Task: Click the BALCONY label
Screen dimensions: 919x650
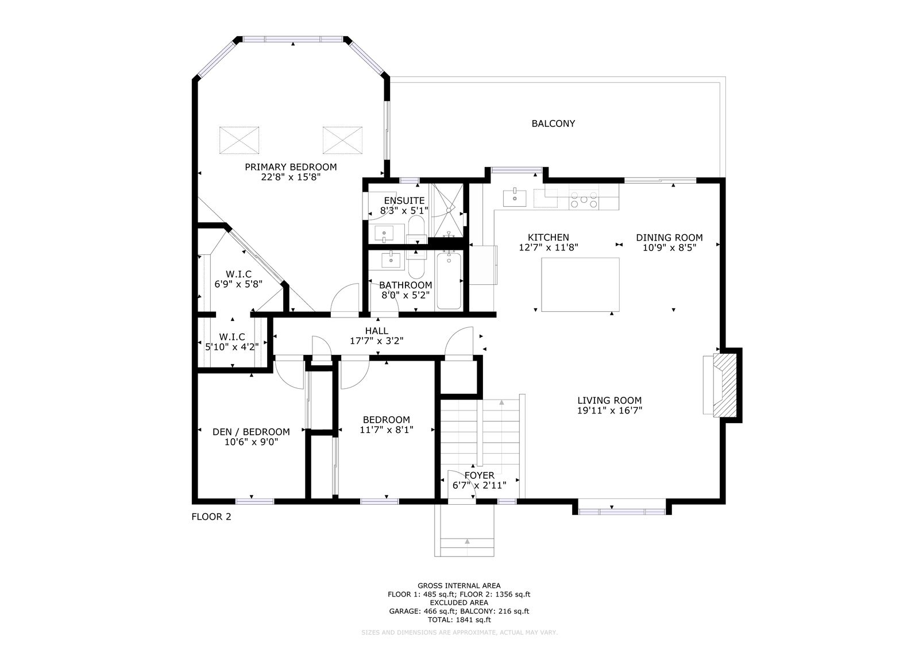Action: pyautogui.click(x=553, y=123)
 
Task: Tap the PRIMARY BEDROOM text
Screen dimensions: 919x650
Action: pyautogui.click(x=291, y=167)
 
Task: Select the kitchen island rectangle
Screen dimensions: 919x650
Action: pyautogui.click(x=580, y=285)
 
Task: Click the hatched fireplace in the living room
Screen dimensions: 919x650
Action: pyautogui.click(x=724, y=385)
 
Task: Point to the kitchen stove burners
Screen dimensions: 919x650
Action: pyautogui.click(x=584, y=200)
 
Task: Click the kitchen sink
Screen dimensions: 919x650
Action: pyautogui.click(x=515, y=198)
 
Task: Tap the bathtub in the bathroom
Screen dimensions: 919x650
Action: pyautogui.click(x=449, y=281)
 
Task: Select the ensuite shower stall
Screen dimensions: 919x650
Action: pyautogui.click(x=446, y=210)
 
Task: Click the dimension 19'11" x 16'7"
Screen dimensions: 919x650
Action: pyautogui.click(x=609, y=411)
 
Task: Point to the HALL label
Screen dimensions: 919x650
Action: pyautogui.click(x=377, y=331)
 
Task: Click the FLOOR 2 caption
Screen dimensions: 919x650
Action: pyautogui.click(x=211, y=517)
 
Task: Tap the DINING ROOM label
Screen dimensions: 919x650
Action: pyautogui.click(x=669, y=238)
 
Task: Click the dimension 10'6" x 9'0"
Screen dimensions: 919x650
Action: pyautogui.click(x=251, y=442)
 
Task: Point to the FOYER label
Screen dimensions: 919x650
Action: pyautogui.click(x=479, y=475)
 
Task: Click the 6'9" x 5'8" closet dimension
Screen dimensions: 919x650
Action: pyautogui.click(x=238, y=284)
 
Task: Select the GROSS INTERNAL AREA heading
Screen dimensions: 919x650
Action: pyautogui.click(x=459, y=586)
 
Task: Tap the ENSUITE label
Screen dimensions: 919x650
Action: pyautogui.click(x=404, y=200)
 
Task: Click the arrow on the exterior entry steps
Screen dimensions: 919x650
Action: pyautogui.click(x=467, y=541)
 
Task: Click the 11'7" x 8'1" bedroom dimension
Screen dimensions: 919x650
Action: pyautogui.click(x=387, y=430)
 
